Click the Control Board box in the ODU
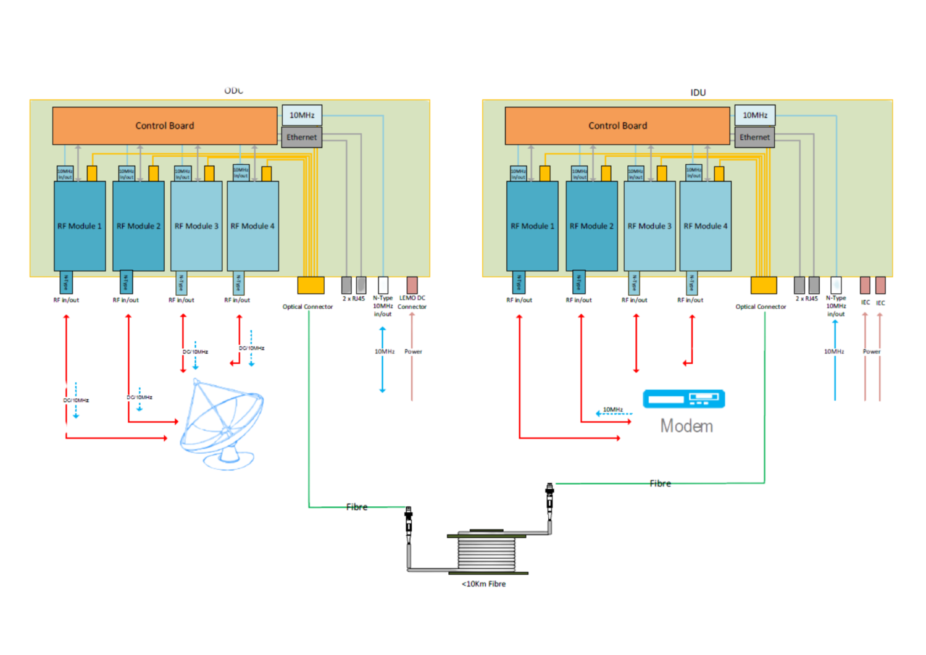coord(164,126)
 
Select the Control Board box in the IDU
coord(617,126)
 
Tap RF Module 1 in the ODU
coord(80,226)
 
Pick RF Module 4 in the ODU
coord(252,226)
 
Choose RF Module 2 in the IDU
coord(591,226)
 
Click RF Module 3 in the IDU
coord(649,226)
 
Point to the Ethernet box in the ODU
coord(301,137)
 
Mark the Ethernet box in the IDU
coord(754,137)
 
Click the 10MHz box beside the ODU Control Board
coord(302,115)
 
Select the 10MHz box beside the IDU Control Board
coord(755,115)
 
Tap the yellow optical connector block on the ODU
coord(311,285)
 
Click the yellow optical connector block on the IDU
coord(764,285)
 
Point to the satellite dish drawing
coord(222,423)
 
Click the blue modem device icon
coord(684,399)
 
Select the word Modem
coord(686,425)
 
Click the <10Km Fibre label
coord(484,584)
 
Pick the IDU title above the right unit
coord(698,92)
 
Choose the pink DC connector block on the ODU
coord(412,285)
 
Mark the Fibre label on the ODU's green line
coord(356,507)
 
